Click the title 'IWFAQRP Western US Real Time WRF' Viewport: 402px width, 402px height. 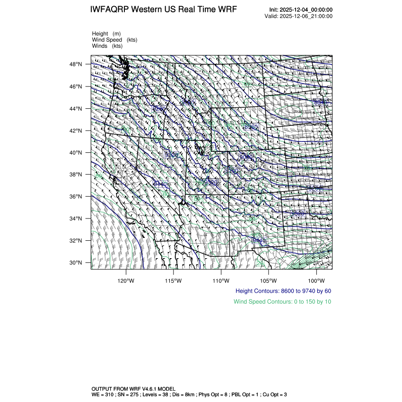(163, 10)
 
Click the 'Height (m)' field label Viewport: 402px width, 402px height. (106, 34)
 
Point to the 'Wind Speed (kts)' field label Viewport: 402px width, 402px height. (115, 40)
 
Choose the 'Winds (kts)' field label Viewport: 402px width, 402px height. (107, 46)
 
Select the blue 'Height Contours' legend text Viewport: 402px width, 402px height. (283, 291)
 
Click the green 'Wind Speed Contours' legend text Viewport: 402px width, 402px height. (282, 302)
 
